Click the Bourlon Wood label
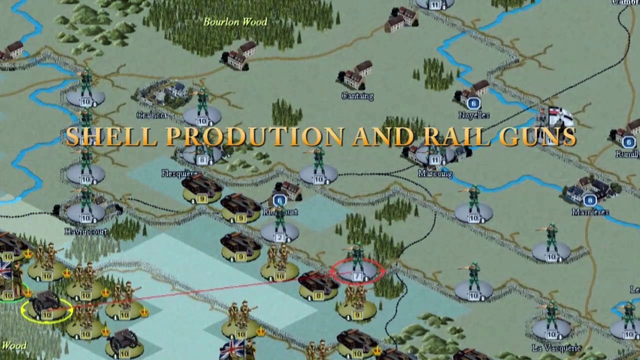(x=235, y=22)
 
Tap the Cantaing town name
(x=357, y=96)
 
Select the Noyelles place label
(x=473, y=115)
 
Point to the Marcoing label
(x=435, y=174)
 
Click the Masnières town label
(x=590, y=212)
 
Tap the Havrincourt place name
(x=86, y=231)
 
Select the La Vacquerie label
(x=556, y=348)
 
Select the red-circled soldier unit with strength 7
(x=357, y=270)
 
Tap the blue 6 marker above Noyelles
(x=473, y=103)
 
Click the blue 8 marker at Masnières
(x=590, y=200)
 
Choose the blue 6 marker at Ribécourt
(x=279, y=201)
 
